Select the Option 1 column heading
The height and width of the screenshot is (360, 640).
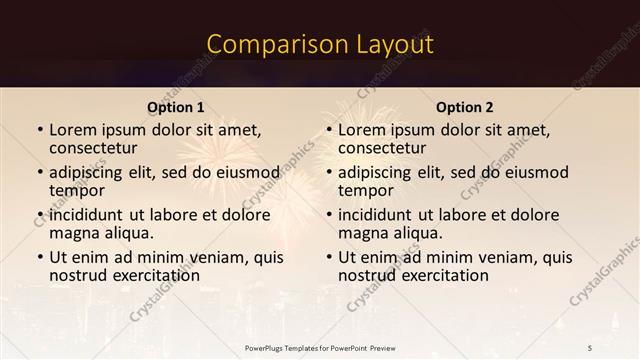176,107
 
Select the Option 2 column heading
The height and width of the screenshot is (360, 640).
465,107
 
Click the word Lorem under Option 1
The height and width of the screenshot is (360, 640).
72,130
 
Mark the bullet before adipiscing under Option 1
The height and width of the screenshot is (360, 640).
39,173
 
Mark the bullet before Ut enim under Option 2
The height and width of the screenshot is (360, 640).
328,257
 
